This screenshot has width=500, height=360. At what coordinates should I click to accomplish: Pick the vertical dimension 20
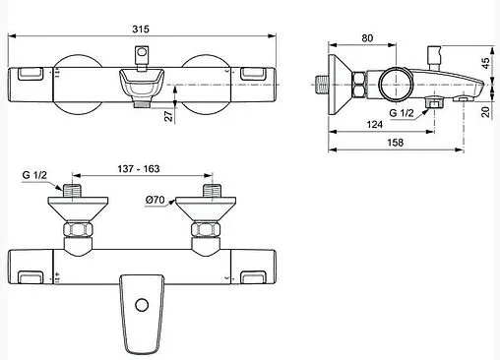pos(483,111)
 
